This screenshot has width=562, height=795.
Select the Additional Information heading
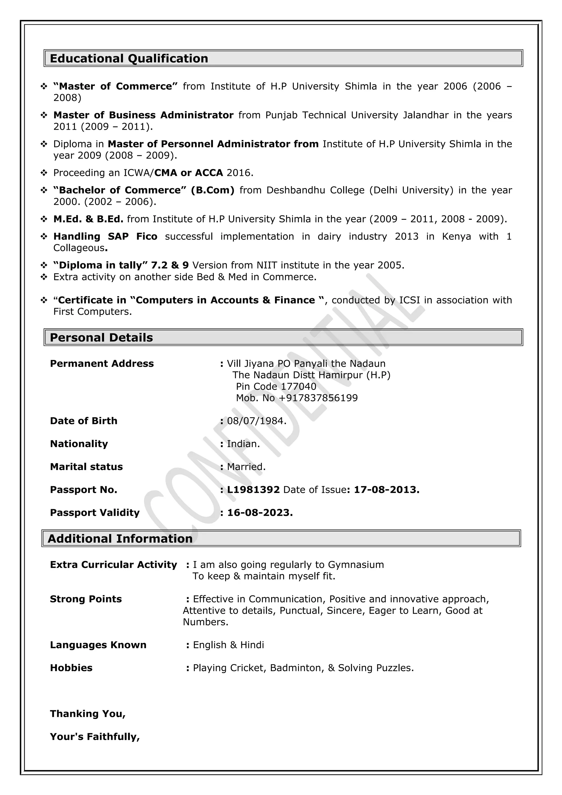tap(120, 539)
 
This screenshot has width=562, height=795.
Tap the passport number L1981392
tap(253, 490)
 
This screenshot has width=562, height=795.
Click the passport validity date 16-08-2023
tap(260, 512)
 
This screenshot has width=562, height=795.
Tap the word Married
tap(246, 467)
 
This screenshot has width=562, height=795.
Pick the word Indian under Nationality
tap(243, 444)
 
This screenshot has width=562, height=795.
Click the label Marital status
tap(86, 467)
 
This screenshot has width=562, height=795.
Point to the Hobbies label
tap(71, 668)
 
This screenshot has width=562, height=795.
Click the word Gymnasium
tap(356, 565)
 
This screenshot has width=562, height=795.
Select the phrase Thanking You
tap(87, 714)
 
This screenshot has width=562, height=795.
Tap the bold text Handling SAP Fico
tap(105, 236)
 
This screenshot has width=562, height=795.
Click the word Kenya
tap(456, 236)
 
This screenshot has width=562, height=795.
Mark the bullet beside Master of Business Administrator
tap(44, 115)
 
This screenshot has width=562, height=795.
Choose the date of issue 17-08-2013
tap(386, 490)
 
